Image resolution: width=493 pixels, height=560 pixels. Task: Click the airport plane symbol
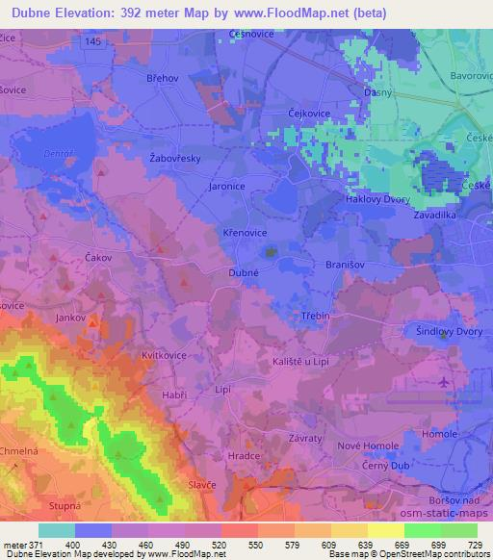(444, 384)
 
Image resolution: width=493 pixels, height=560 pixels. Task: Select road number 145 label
(91, 41)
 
